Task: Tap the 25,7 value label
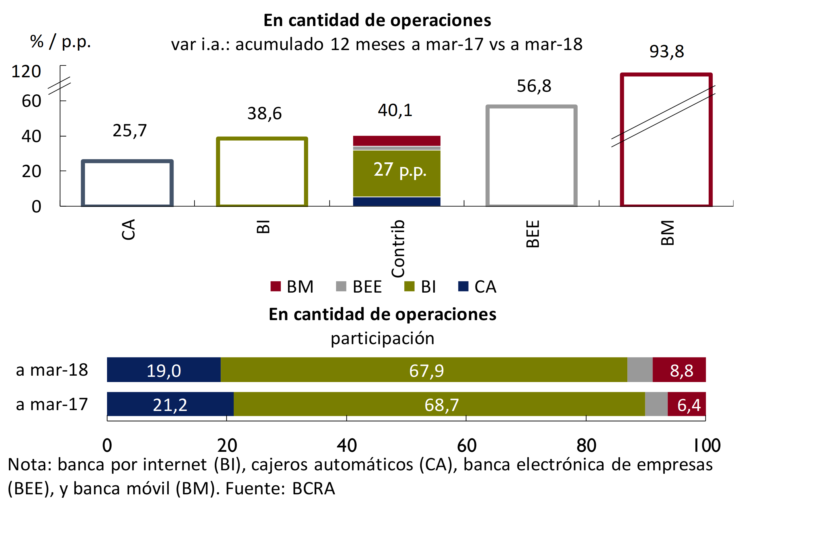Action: [130, 131]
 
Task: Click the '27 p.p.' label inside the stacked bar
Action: [400, 170]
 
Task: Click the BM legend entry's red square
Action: [275, 287]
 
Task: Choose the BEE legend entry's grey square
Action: [341, 287]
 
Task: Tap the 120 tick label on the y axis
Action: [26, 71]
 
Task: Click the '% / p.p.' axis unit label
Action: [60, 42]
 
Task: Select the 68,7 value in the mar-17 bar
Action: [441, 405]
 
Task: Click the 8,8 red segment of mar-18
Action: [681, 370]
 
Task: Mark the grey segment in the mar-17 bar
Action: [656, 404]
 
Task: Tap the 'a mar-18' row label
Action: [52, 370]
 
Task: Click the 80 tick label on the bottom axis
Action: [586, 445]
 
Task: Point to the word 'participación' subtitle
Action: [382, 338]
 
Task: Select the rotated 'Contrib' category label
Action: [398, 248]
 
